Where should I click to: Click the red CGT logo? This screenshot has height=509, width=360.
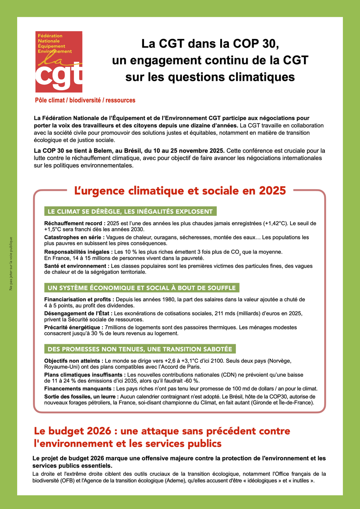click(58, 62)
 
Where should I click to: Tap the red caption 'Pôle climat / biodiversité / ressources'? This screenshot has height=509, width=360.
click(85, 100)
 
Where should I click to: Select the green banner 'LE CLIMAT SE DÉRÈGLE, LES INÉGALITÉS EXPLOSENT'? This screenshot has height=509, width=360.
click(130, 212)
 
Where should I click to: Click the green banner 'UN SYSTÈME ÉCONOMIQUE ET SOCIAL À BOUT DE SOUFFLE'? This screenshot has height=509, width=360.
click(141, 288)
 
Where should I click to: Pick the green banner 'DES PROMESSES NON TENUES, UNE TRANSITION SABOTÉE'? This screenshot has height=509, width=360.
click(140, 348)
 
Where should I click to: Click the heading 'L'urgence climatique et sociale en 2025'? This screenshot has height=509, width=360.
click(180, 191)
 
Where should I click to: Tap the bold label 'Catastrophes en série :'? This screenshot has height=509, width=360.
click(72, 237)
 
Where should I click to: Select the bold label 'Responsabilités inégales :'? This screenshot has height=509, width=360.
click(78, 252)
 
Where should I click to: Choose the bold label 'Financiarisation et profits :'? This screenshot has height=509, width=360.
click(79, 299)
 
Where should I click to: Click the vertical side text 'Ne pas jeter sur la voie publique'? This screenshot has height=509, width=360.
click(11, 263)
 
